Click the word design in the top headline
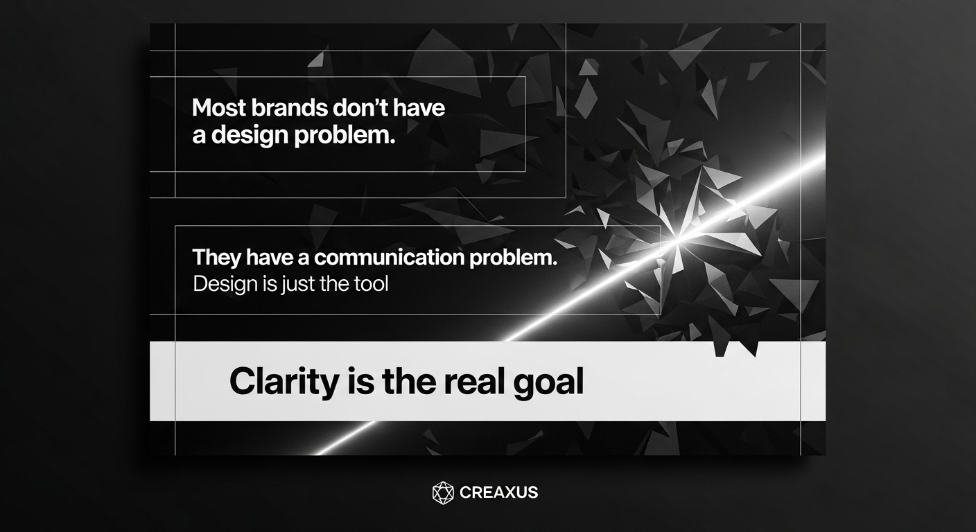(250, 136)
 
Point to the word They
(216, 258)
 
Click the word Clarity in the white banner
(284, 382)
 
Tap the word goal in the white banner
(548, 382)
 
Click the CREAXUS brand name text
(498, 493)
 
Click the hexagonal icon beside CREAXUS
(443, 493)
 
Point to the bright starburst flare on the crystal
(678, 238)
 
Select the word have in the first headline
(419, 107)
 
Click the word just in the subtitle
(300, 285)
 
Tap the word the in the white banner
(409, 381)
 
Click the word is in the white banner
(360, 381)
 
